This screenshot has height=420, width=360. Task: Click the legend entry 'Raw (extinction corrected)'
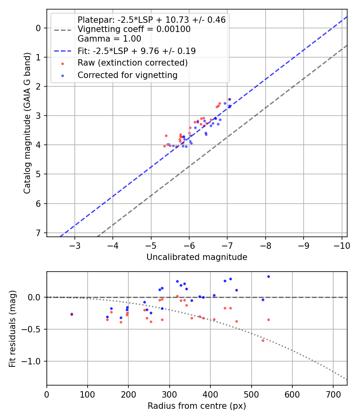[132, 63]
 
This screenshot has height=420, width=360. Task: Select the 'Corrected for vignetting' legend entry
[127, 75]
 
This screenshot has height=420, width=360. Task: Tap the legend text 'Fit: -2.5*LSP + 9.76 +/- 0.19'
[136, 51]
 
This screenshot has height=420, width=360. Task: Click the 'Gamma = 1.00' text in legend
[109, 39]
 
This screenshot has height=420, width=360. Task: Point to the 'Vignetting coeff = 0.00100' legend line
[134, 29]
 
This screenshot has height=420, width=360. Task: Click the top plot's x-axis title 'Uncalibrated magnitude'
[197, 257]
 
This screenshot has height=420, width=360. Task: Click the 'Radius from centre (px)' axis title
[197, 406]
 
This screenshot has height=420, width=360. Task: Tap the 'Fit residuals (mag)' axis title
[12, 329]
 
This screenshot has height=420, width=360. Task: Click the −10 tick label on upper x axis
[341, 244]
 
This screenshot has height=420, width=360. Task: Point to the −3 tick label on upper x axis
[74, 244]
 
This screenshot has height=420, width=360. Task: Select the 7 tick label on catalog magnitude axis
[38, 233]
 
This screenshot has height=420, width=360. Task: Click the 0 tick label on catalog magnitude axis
[38, 28]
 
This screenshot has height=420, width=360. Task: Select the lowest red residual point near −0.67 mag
[263, 340]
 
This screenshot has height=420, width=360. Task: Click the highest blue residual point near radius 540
[268, 276]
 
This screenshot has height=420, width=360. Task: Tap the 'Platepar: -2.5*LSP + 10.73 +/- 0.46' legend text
[152, 20]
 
